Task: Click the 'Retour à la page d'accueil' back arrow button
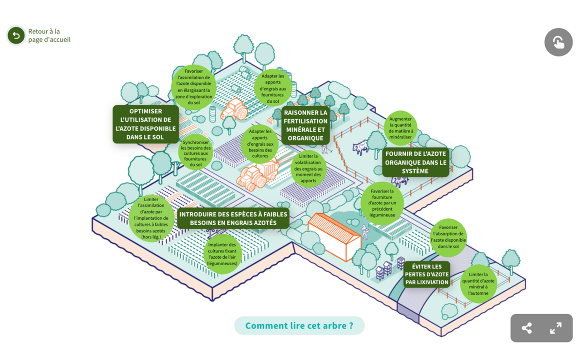(16, 36)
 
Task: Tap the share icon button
(527, 328)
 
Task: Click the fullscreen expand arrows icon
(556, 328)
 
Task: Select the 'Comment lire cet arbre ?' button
(299, 325)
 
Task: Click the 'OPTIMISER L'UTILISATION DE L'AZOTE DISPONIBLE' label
(146, 124)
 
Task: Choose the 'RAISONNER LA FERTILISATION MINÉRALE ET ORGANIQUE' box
(305, 125)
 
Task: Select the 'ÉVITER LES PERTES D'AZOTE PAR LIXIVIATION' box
(427, 274)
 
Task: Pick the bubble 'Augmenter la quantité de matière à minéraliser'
(400, 125)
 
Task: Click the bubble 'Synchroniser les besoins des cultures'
(196, 153)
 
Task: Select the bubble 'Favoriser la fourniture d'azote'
(382, 203)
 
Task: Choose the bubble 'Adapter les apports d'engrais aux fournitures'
(273, 88)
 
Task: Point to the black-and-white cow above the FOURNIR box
(361, 147)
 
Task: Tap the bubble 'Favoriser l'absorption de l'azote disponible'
(448, 237)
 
